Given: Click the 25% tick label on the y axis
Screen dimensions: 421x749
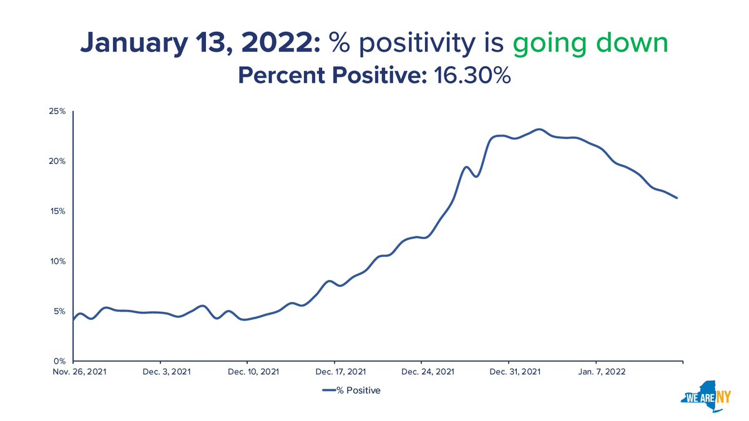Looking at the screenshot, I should [58, 112].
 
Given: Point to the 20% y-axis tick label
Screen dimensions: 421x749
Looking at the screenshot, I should [58, 162].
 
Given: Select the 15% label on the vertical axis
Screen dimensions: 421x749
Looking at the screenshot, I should [58, 211].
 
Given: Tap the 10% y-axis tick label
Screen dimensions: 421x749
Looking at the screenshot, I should [58, 261].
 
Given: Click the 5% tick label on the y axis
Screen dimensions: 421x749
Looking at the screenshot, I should [59, 311].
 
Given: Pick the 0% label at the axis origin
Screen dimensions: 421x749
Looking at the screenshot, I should [59, 361].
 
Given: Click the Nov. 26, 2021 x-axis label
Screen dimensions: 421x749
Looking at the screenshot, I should [73, 373].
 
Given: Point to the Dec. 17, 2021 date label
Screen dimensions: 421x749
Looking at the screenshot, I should [335, 373].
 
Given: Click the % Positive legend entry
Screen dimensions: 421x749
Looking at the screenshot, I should [351, 391].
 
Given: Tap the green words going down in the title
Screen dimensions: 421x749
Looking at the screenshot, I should [590, 44].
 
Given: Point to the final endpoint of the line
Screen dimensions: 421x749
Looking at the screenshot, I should [677, 198].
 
